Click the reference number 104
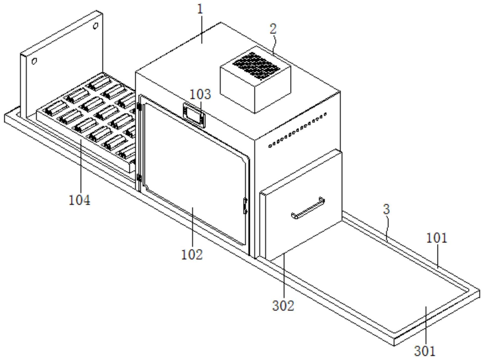point(80,200)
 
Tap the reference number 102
point(192,254)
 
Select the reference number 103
point(200,94)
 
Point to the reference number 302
point(283,306)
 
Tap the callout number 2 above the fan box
point(273,29)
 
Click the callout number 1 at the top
point(200,9)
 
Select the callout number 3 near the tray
point(386,209)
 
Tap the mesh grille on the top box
point(256,66)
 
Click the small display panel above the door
point(194,115)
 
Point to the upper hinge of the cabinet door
point(139,107)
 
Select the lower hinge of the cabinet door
point(139,178)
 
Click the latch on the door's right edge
point(245,206)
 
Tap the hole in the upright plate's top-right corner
point(95,26)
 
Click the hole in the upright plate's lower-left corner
point(34,61)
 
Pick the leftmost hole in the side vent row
point(270,146)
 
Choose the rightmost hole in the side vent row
point(325,114)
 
